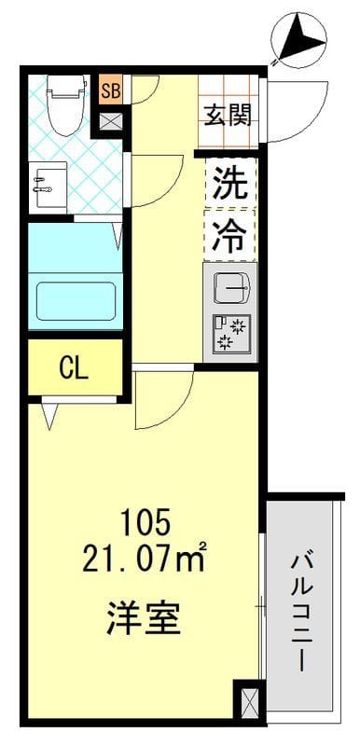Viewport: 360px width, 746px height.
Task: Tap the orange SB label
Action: point(111,90)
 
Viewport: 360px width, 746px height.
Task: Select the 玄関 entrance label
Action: point(228,116)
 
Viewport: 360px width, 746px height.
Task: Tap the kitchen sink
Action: point(229,288)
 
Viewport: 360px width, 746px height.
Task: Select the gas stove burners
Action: point(229,333)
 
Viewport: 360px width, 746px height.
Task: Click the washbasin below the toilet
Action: point(48,185)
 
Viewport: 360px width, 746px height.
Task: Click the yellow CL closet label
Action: point(74,366)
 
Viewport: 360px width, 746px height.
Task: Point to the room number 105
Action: point(145,523)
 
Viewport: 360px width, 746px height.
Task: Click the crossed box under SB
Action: point(110,120)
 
